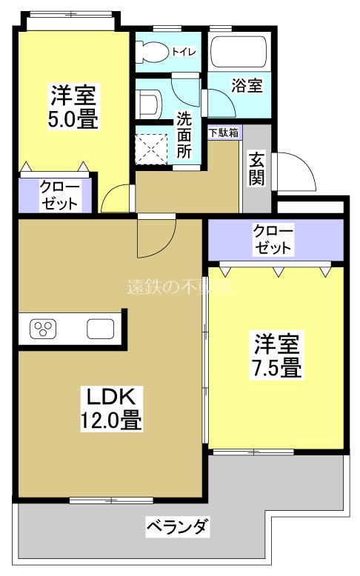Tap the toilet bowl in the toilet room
153,51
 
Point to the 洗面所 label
185,131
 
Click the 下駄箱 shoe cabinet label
224,133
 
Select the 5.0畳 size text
74,119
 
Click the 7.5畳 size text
278,366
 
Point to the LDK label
111,395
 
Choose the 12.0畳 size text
111,421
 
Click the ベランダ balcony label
178,527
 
